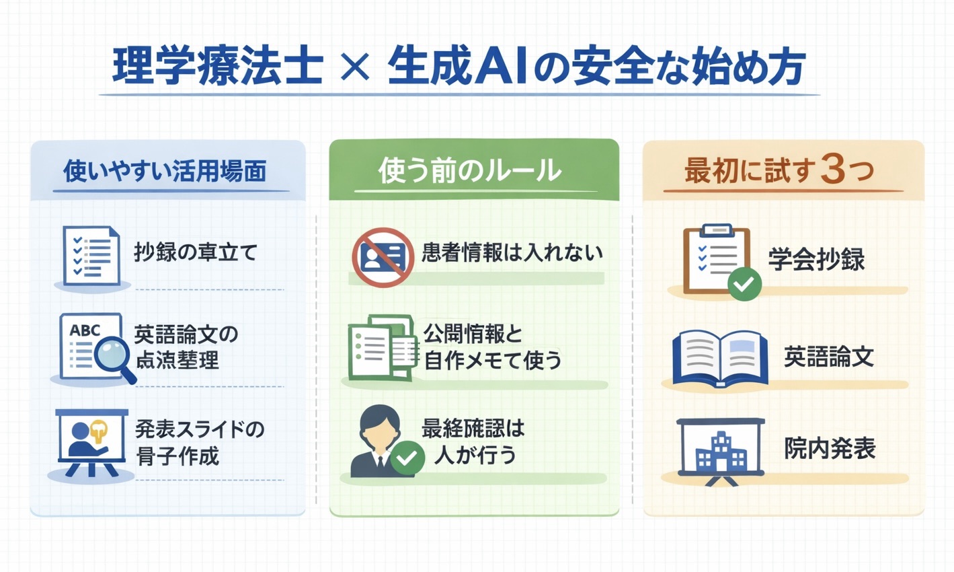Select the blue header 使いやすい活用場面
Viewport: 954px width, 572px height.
click(165, 171)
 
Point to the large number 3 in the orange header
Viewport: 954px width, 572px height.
click(833, 170)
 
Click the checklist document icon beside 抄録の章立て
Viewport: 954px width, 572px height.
click(91, 256)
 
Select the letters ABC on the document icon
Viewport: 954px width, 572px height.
click(85, 331)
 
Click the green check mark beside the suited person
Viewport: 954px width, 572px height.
click(407, 458)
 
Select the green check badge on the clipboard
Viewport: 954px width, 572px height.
click(744, 283)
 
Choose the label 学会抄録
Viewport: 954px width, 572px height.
click(816, 260)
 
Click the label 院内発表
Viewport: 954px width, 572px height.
click(830, 449)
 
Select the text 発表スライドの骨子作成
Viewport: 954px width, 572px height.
click(200, 442)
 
